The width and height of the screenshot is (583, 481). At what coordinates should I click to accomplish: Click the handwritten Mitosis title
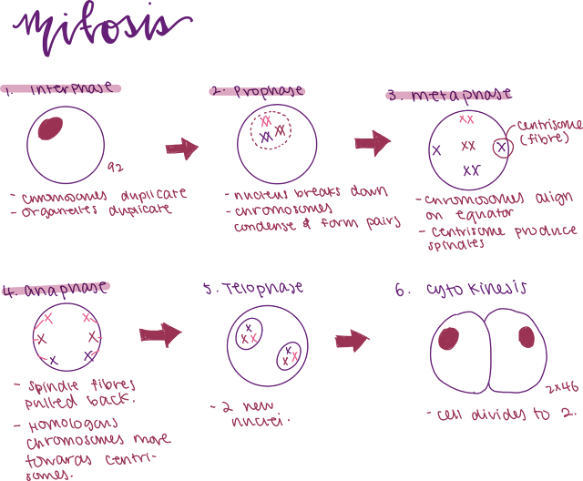(x=100, y=33)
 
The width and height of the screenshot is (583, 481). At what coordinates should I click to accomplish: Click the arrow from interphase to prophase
(x=183, y=148)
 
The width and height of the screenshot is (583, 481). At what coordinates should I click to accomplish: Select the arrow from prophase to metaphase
(x=372, y=142)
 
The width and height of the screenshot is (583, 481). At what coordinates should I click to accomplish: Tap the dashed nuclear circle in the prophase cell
(x=271, y=130)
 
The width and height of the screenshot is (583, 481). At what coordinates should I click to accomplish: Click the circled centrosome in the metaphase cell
(x=503, y=147)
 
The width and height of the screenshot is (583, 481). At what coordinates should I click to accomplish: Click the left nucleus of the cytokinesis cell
(x=448, y=338)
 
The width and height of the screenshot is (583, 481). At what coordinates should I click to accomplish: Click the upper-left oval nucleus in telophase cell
(x=249, y=333)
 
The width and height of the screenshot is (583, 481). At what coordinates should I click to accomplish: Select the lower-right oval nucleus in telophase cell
(x=291, y=354)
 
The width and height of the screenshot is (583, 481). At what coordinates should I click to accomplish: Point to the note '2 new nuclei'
(x=251, y=414)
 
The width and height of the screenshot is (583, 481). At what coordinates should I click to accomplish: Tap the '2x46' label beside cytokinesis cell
(x=563, y=389)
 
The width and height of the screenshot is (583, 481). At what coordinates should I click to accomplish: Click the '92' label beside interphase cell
(x=115, y=167)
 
